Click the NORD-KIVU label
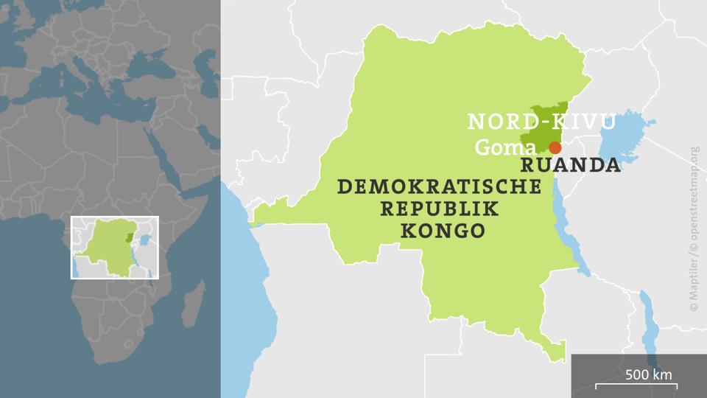[x=541, y=122]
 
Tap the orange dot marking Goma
[x=555, y=147]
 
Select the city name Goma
[x=505, y=147]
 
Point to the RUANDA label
[x=571, y=165]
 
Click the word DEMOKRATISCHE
[x=439, y=187]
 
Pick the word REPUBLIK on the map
[x=439, y=209]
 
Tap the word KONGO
[x=442, y=231]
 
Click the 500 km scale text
[x=649, y=374]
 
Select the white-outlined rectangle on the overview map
[x=114, y=248]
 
